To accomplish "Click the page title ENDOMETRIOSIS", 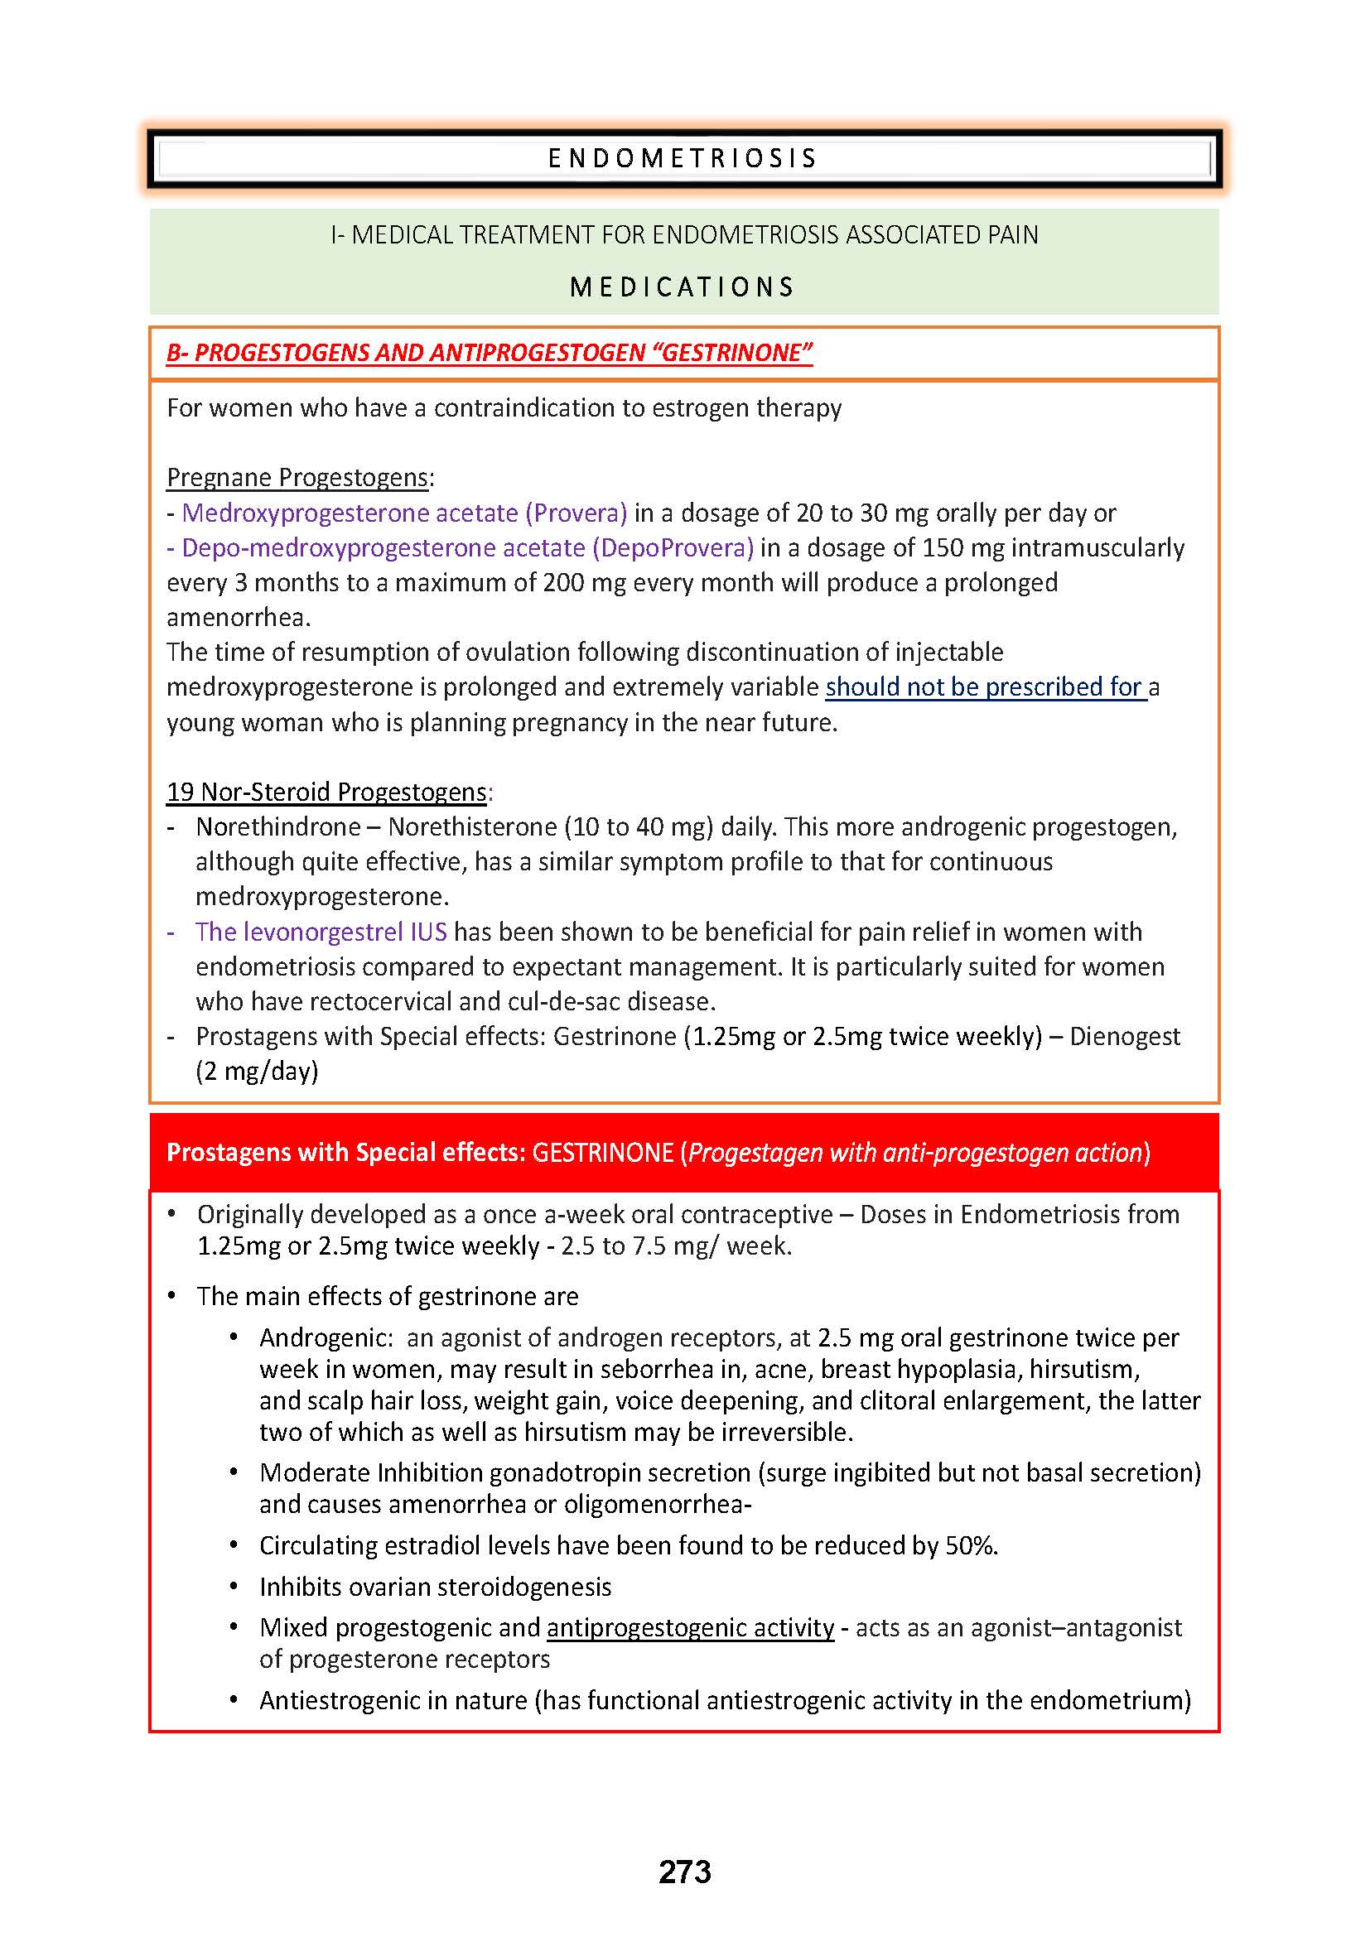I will click(683, 159).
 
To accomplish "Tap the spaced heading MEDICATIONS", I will click(683, 287).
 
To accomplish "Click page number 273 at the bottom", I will click(685, 1872).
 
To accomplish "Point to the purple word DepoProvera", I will click(673, 548).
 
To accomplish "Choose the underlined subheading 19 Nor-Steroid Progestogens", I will click(327, 793).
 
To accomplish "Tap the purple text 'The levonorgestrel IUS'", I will click(321, 932).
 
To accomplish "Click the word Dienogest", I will click(1125, 1037).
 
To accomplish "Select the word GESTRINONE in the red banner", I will click(602, 1154).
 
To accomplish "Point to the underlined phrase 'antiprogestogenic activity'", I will click(690, 1628).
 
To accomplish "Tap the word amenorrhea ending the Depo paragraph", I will click(239, 619).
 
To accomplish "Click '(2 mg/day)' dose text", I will click(258, 1072).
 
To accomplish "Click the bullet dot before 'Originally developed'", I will click(172, 1214).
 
